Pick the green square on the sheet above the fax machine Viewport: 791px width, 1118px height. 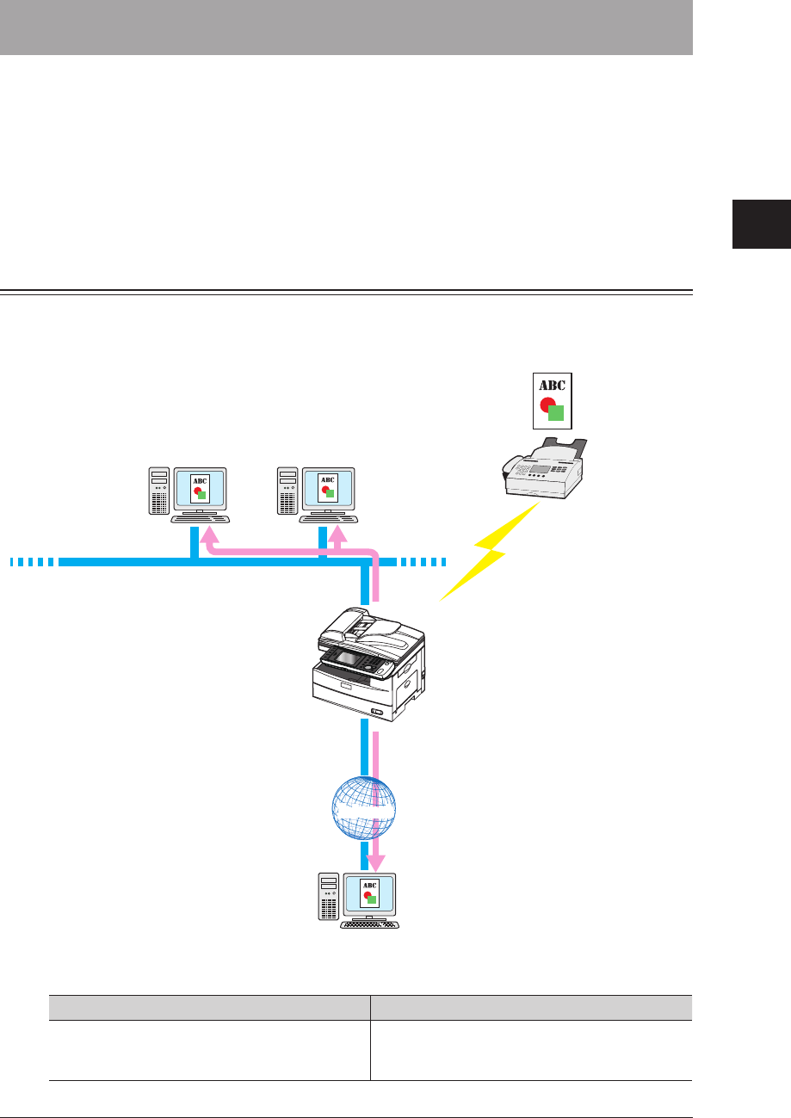tap(556, 414)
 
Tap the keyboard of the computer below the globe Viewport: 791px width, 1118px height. tap(371, 925)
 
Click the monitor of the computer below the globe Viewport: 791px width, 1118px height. tap(370, 894)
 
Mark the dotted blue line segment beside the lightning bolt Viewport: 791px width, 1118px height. tap(422, 562)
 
